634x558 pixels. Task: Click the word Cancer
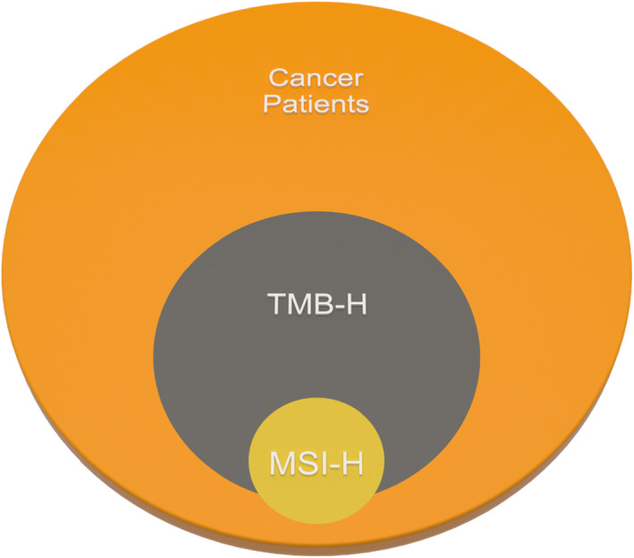pos(317,78)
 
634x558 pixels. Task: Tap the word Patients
pos(317,105)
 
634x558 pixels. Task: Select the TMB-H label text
pos(317,306)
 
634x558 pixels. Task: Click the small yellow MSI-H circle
pos(309,496)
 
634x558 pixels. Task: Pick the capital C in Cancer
pos(278,78)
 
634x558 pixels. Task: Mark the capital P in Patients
pos(273,105)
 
